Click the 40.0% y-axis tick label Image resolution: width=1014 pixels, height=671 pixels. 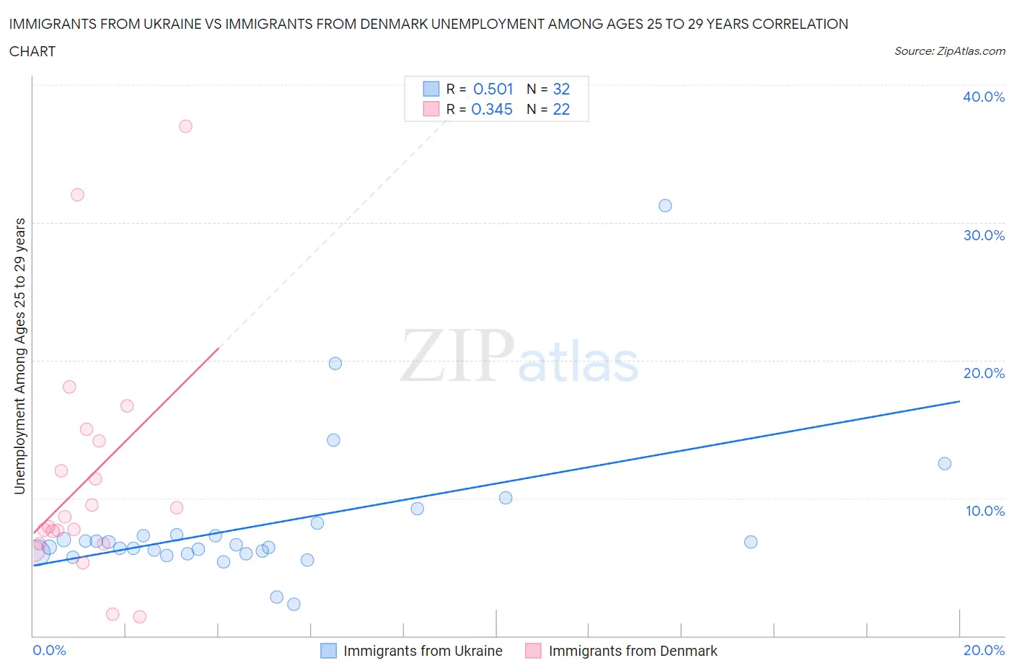click(984, 97)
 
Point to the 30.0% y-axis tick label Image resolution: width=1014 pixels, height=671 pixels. click(984, 235)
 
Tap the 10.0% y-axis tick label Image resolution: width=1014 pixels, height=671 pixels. click(984, 511)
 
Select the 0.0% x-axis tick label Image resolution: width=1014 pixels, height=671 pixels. click(49, 650)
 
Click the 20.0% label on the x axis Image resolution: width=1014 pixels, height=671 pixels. click(984, 650)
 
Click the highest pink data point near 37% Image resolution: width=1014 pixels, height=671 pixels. click(185, 126)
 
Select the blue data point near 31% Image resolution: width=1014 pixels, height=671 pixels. click(665, 206)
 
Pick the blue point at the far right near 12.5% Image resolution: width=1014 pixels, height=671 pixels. click(945, 463)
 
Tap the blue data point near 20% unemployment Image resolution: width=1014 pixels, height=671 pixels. click(335, 364)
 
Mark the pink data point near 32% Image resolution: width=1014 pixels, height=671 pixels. click(77, 195)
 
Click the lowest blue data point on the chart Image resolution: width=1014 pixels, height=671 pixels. click(294, 604)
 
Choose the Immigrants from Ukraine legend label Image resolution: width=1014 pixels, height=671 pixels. click(423, 651)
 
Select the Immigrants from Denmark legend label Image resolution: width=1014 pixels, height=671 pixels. click(632, 651)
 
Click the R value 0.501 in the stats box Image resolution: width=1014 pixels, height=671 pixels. click(493, 89)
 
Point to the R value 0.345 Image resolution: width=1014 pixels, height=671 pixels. click(492, 109)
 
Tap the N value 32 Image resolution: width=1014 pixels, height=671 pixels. click(561, 89)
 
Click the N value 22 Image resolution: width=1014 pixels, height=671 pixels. click(561, 109)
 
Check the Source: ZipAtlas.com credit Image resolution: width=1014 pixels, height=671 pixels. click(949, 51)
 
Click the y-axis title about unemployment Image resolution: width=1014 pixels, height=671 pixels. click(20, 356)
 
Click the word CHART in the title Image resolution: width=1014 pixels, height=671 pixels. click(32, 51)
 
